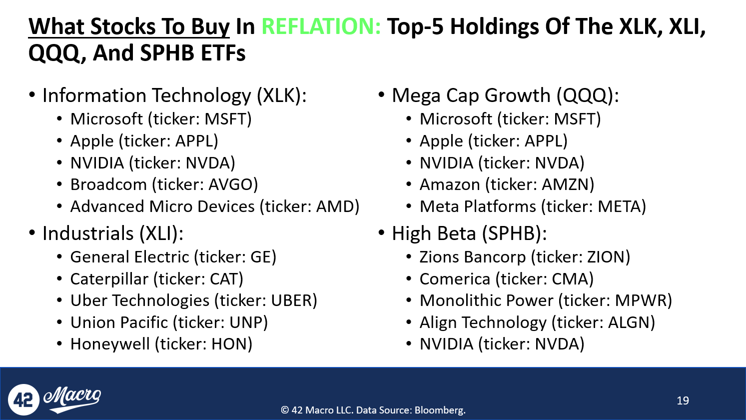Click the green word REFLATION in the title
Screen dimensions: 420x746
coord(321,26)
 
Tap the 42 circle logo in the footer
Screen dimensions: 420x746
coord(23,399)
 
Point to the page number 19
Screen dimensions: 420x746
coord(683,400)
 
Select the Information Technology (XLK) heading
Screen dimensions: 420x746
coord(174,95)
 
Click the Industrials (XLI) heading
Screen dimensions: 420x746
coord(113,233)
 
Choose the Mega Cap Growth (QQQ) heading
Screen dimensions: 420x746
coord(505,95)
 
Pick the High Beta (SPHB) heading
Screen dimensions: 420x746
coord(469,233)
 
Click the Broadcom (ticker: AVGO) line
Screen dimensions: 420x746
coord(164,184)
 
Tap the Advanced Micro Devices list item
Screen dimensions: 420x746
coord(215,206)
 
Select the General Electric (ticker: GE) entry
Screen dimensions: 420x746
coord(173,257)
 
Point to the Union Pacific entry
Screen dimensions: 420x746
coord(169,322)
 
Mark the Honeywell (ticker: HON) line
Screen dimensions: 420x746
coord(161,344)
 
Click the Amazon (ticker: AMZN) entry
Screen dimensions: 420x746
coord(507,184)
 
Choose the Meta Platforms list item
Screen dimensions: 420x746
coord(533,206)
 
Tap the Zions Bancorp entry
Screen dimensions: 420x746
coord(525,257)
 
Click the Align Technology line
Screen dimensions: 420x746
coord(537,322)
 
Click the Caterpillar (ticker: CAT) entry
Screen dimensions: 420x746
coord(156,279)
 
